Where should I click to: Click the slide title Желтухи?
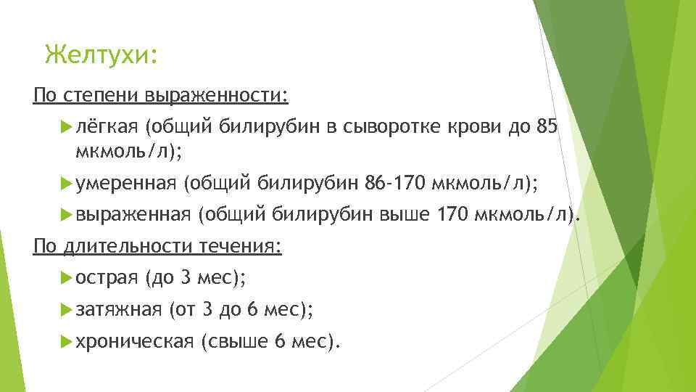[x=100, y=54]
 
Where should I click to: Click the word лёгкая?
[x=107, y=127]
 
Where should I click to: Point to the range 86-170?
[x=396, y=184]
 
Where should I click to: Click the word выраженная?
[x=133, y=214]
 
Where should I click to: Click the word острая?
[x=107, y=277]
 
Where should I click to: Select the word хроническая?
[x=134, y=340]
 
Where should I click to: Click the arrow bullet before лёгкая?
[x=67, y=127]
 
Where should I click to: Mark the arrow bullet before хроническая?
[x=67, y=340]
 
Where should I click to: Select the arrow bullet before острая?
[x=67, y=277]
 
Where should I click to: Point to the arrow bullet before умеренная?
[x=67, y=184]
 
